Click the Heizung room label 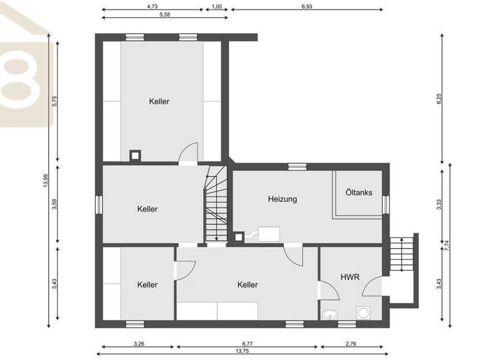[x=282, y=199]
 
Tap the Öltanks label [x=358, y=192]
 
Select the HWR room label [x=350, y=277]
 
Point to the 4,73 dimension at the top [x=152, y=6]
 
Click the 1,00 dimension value [x=217, y=6]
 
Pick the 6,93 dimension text [x=307, y=6]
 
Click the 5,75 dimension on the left [x=55, y=102]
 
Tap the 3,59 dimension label [x=55, y=204]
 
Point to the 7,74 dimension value [x=447, y=245]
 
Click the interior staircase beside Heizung [x=216, y=204]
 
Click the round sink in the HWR [x=331, y=314]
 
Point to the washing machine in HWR [x=364, y=313]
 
